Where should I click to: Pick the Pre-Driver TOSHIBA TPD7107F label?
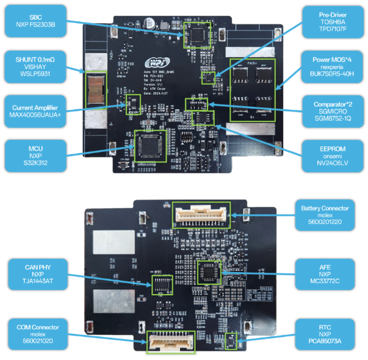(x=333, y=21)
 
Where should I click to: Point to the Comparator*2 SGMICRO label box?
(x=333, y=109)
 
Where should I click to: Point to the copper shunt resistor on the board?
(x=96, y=88)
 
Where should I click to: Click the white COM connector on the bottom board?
(x=170, y=342)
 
